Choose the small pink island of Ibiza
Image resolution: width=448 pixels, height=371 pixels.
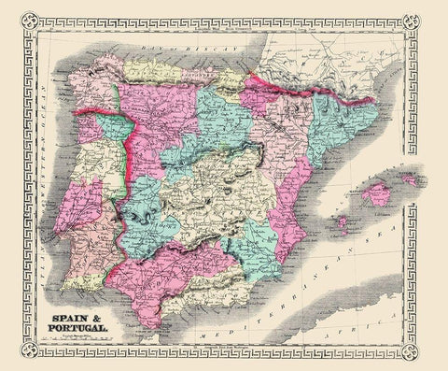(342, 224)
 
